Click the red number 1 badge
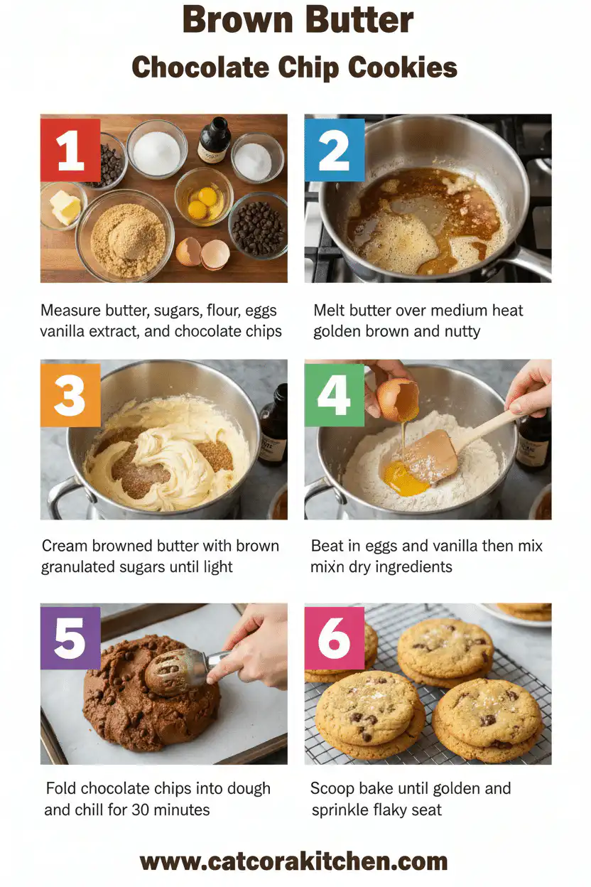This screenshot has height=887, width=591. [70, 150]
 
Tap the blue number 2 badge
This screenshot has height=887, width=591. [334, 150]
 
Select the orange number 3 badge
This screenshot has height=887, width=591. [70, 395]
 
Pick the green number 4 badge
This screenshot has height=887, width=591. [334, 395]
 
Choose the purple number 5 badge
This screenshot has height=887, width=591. [70, 638]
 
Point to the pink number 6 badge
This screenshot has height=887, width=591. [334, 638]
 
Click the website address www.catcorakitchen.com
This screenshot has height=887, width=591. [294, 861]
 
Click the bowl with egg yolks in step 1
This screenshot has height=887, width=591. [203, 196]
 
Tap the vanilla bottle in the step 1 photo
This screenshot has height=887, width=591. [215, 141]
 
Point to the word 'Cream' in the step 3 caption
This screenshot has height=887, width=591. [65, 546]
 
